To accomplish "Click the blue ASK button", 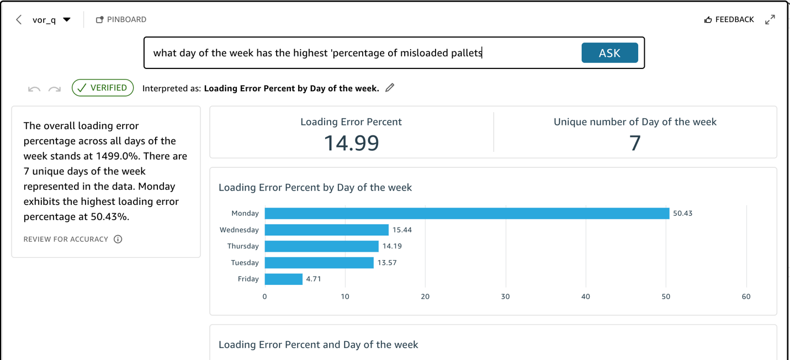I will tap(609, 53).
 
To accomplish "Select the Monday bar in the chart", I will tap(466, 213).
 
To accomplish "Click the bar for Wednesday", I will tap(326, 230).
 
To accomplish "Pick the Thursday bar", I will tap(321, 246).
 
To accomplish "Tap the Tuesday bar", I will tap(319, 263).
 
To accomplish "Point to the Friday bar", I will tap(283, 279).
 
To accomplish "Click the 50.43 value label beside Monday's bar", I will tap(682, 213).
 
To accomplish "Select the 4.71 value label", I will tap(314, 279).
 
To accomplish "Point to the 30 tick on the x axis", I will tap(505, 297).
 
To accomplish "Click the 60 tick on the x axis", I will tap(746, 297).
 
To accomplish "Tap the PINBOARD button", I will tap(121, 19).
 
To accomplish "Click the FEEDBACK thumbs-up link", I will tap(729, 19).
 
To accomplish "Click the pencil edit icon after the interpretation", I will tap(390, 88).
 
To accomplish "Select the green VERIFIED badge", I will tap(103, 88).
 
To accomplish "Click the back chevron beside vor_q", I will tap(19, 20).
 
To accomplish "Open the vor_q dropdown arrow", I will tap(67, 20).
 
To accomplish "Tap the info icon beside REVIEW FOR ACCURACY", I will tap(118, 239).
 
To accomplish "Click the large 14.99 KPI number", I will tap(351, 143).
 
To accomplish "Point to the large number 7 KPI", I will tap(635, 143).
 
